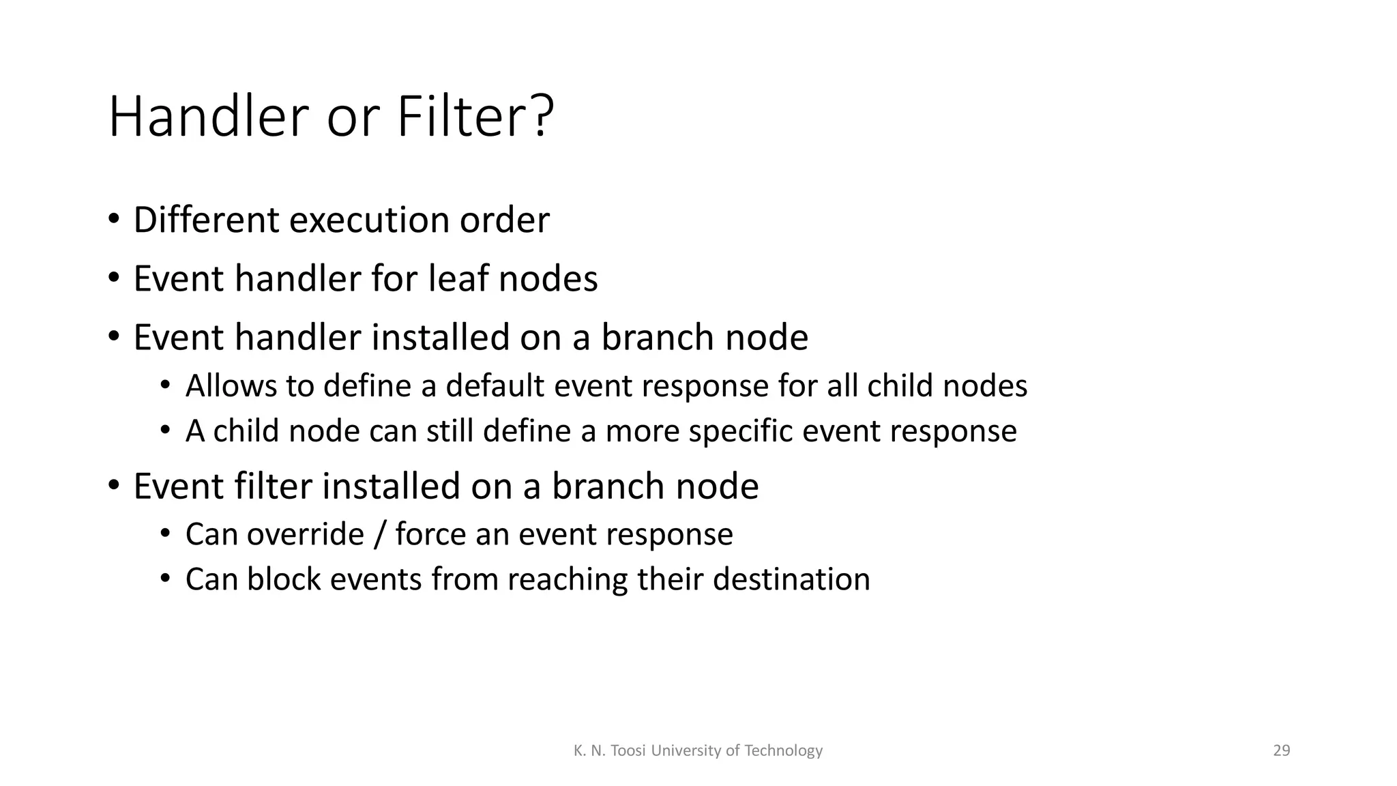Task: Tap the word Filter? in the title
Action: tap(475, 117)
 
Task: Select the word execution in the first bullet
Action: tap(369, 220)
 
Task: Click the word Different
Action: tap(206, 220)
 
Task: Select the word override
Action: tap(305, 534)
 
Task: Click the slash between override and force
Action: tap(379, 535)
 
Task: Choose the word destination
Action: tap(791, 579)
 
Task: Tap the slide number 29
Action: tap(1281, 751)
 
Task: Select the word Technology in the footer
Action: tap(783, 751)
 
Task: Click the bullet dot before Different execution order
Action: tap(113, 220)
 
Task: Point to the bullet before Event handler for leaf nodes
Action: tap(113, 278)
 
